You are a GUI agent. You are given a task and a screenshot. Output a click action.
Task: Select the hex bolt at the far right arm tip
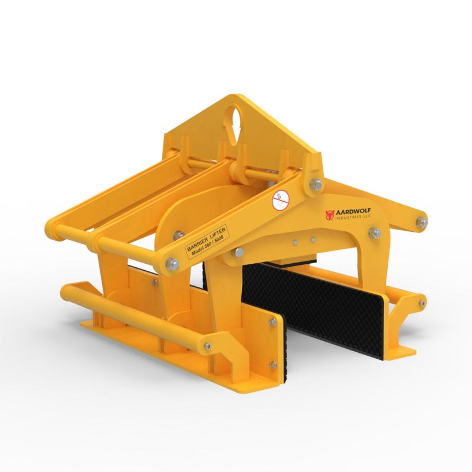(421, 222)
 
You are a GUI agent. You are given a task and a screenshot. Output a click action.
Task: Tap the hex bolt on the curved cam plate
(178, 234)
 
